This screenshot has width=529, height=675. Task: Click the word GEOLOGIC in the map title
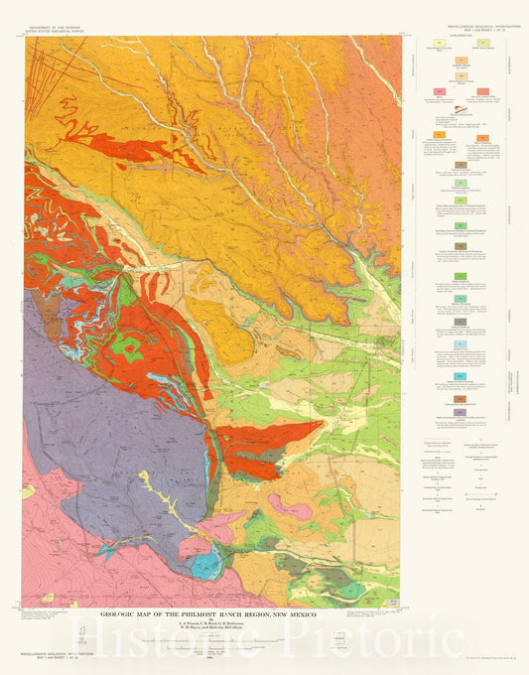126,612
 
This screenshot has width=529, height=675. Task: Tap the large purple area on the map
99,397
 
